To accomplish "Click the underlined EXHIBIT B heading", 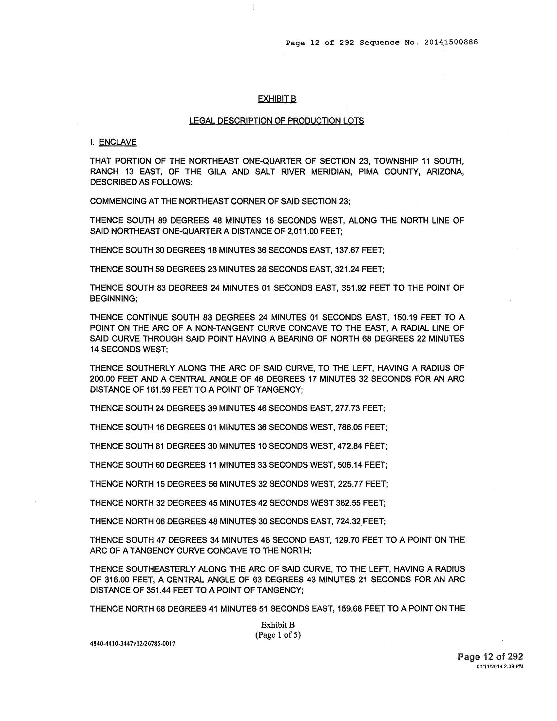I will (x=277, y=99).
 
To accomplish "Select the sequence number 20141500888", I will (x=451, y=43).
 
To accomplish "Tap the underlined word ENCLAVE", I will (x=118, y=142).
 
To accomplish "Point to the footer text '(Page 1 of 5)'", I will (x=278, y=635).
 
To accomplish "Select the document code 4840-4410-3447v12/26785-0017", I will (x=133, y=644).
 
